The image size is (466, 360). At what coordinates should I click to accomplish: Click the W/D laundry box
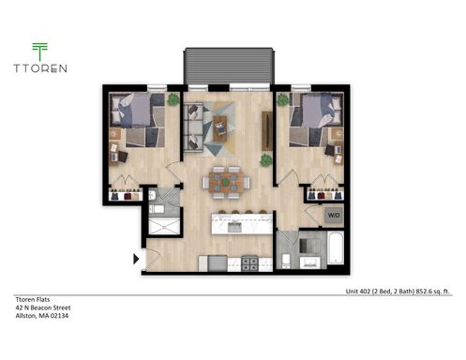click(x=334, y=216)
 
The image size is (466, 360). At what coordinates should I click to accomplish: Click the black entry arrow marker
click(x=138, y=258)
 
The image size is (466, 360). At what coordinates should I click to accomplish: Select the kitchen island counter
click(x=243, y=224)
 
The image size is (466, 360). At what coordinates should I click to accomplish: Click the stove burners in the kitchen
click(x=250, y=262)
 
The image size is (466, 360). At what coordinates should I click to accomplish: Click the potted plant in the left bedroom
click(x=173, y=98)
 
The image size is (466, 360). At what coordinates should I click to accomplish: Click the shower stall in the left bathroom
click(x=165, y=229)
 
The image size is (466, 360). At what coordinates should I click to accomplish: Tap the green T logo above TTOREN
click(x=38, y=52)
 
